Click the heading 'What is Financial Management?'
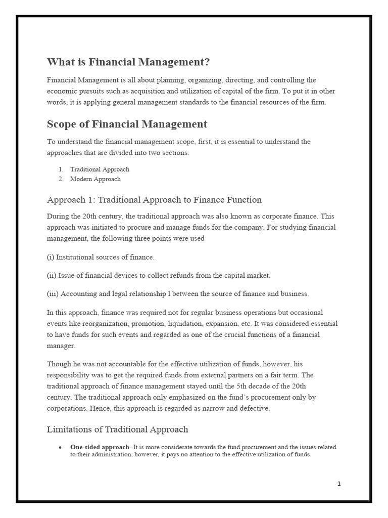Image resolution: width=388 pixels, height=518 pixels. pos(128,62)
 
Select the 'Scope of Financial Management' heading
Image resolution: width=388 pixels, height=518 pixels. pos(127,124)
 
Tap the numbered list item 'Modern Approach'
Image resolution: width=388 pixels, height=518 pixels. pos(95,179)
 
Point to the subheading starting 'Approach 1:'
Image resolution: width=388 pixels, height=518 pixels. pos(154,200)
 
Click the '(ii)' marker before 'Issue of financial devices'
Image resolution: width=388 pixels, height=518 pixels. pos(52,276)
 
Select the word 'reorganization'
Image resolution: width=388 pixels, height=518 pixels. pos(109,323)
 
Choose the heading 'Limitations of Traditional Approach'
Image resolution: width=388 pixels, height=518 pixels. pos(117,429)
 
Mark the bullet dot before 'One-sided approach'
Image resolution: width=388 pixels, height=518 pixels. pos(60,448)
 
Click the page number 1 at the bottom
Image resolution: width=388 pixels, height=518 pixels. pos(339,484)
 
